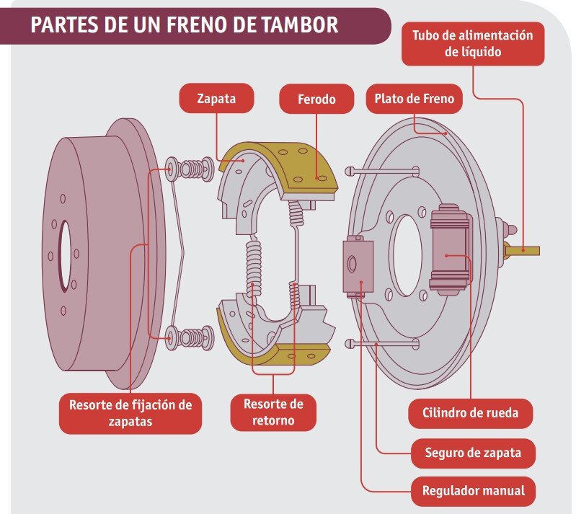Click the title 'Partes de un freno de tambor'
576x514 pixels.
pyautogui.click(x=185, y=25)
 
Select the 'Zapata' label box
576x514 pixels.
pyautogui.click(x=216, y=99)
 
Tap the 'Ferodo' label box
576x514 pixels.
pyautogui.click(x=316, y=99)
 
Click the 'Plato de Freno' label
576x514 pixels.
pyautogui.click(x=414, y=99)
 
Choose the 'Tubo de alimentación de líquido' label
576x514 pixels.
pyautogui.click(x=473, y=43)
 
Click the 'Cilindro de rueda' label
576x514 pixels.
pyautogui.click(x=469, y=414)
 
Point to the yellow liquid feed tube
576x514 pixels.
pyautogui.click(x=527, y=250)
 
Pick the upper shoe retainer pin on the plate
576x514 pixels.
pyautogui.click(x=382, y=171)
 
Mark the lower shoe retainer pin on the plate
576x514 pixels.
pyautogui.click(x=382, y=344)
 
